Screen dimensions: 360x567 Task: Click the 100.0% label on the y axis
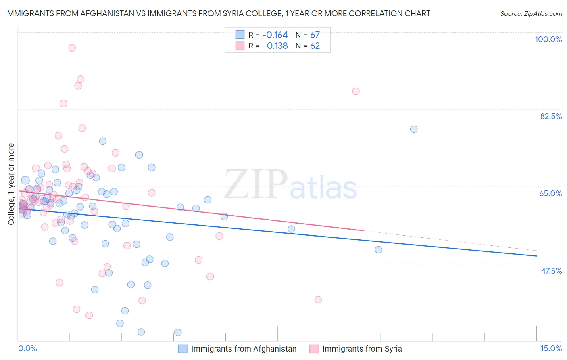548,39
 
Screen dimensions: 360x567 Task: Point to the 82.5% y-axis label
550,116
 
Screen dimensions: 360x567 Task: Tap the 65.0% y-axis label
550,193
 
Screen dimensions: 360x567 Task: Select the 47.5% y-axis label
551,271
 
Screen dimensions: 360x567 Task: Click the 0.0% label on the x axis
27,348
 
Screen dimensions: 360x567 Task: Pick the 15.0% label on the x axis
551,348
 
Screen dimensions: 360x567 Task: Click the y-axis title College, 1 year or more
11,184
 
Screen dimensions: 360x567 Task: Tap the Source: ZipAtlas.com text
531,13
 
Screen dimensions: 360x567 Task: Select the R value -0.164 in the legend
275,35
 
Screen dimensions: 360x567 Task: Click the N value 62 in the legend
315,46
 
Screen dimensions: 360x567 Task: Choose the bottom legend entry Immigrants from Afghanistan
243,349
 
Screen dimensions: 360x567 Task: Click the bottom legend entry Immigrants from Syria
362,349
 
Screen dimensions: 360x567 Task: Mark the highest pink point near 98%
72,48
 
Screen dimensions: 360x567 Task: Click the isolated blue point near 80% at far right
414,129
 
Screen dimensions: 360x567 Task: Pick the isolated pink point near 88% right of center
356,91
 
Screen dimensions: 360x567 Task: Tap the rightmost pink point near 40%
318,299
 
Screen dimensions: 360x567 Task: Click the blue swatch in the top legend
240,35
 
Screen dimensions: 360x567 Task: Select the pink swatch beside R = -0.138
240,46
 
